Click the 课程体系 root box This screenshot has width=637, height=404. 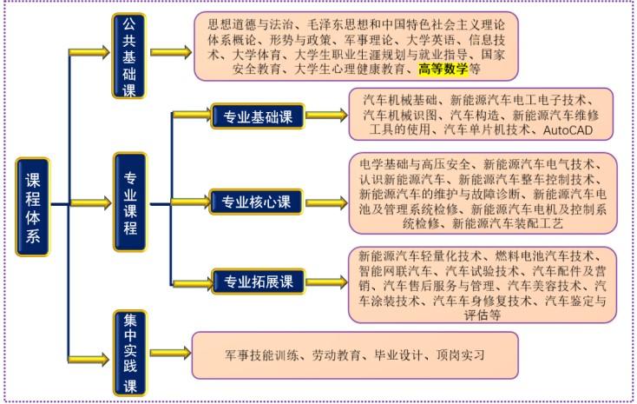[x=32, y=207]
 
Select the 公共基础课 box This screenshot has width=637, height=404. [x=128, y=56]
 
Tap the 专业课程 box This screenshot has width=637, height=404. [x=130, y=202]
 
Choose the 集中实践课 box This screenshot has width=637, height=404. [x=130, y=353]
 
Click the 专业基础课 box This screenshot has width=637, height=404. [x=258, y=116]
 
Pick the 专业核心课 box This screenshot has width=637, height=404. [x=256, y=202]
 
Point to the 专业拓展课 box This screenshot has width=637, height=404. [x=259, y=281]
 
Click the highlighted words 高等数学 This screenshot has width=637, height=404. [x=443, y=69]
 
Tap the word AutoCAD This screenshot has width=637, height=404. [x=568, y=130]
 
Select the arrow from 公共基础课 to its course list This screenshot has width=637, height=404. [x=171, y=52]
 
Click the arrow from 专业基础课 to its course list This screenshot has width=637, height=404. [x=326, y=116]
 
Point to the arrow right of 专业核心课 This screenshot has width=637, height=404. [x=326, y=202]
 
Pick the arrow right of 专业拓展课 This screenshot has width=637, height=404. [x=326, y=282]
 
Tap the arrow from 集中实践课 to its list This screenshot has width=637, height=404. [x=171, y=353]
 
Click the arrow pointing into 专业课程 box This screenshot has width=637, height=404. [x=90, y=202]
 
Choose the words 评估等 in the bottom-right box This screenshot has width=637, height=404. [x=483, y=315]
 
